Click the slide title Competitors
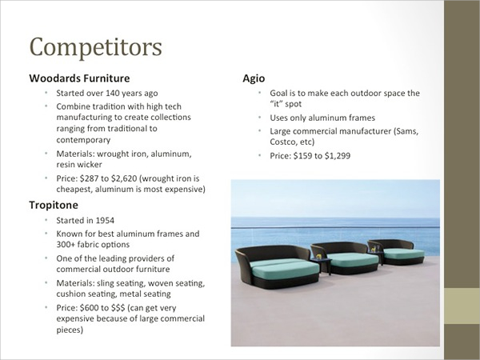[95, 47]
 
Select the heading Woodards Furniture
[79, 78]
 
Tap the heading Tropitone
[54, 205]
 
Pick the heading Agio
[254, 78]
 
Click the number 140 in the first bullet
[112, 93]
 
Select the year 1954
[105, 221]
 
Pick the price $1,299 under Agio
[338, 156]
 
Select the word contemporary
[83, 140]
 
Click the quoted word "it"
[277, 104]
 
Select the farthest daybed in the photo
[397, 252]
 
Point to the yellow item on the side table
[319, 256]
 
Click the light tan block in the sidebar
[462, 306]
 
